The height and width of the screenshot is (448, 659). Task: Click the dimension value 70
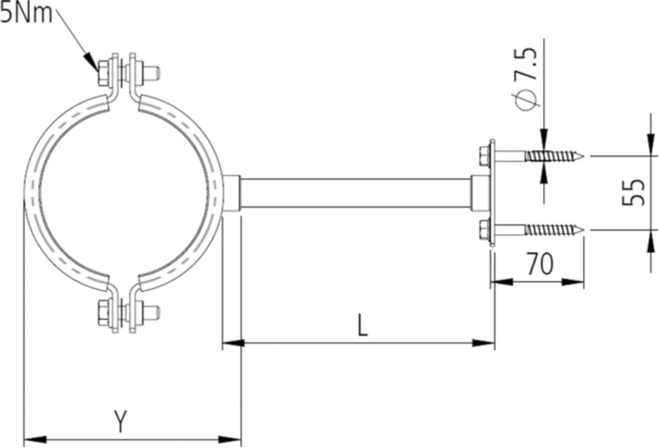(x=539, y=264)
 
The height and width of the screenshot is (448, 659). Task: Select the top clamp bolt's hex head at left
(x=103, y=73)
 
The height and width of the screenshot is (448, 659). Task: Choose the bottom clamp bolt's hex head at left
(x=103, y=311)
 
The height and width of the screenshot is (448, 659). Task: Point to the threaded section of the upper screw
(x=551, y=155)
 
